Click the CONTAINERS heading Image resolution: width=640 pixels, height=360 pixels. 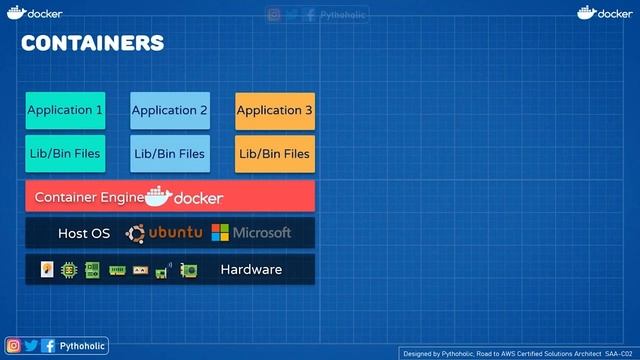coord(92,43)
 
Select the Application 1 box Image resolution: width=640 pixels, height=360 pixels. coord(65,110)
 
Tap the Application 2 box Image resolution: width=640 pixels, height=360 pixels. coord(170,110)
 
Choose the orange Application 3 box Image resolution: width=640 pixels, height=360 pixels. coord(275,110)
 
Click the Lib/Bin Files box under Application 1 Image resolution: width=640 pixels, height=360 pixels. coord(65,154)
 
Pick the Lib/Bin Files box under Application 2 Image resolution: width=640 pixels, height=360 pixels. coord(170,154)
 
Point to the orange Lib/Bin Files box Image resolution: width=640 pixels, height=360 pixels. coord(275,154)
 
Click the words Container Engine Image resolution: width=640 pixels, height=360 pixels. coord(88,197)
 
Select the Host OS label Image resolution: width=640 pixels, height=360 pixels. coord(84,233)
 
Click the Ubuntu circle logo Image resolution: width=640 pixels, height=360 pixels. coord(136,233)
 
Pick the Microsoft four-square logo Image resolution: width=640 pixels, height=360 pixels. coord(220,233)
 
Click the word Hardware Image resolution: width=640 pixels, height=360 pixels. coord(251,269)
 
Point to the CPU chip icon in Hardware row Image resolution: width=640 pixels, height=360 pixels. coord(69,269)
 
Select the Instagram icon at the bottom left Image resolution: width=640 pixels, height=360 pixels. coord(14,346)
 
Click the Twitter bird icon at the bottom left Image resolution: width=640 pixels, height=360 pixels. coord(31,346)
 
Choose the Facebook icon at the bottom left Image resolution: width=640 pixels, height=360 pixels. coord(48,346)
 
